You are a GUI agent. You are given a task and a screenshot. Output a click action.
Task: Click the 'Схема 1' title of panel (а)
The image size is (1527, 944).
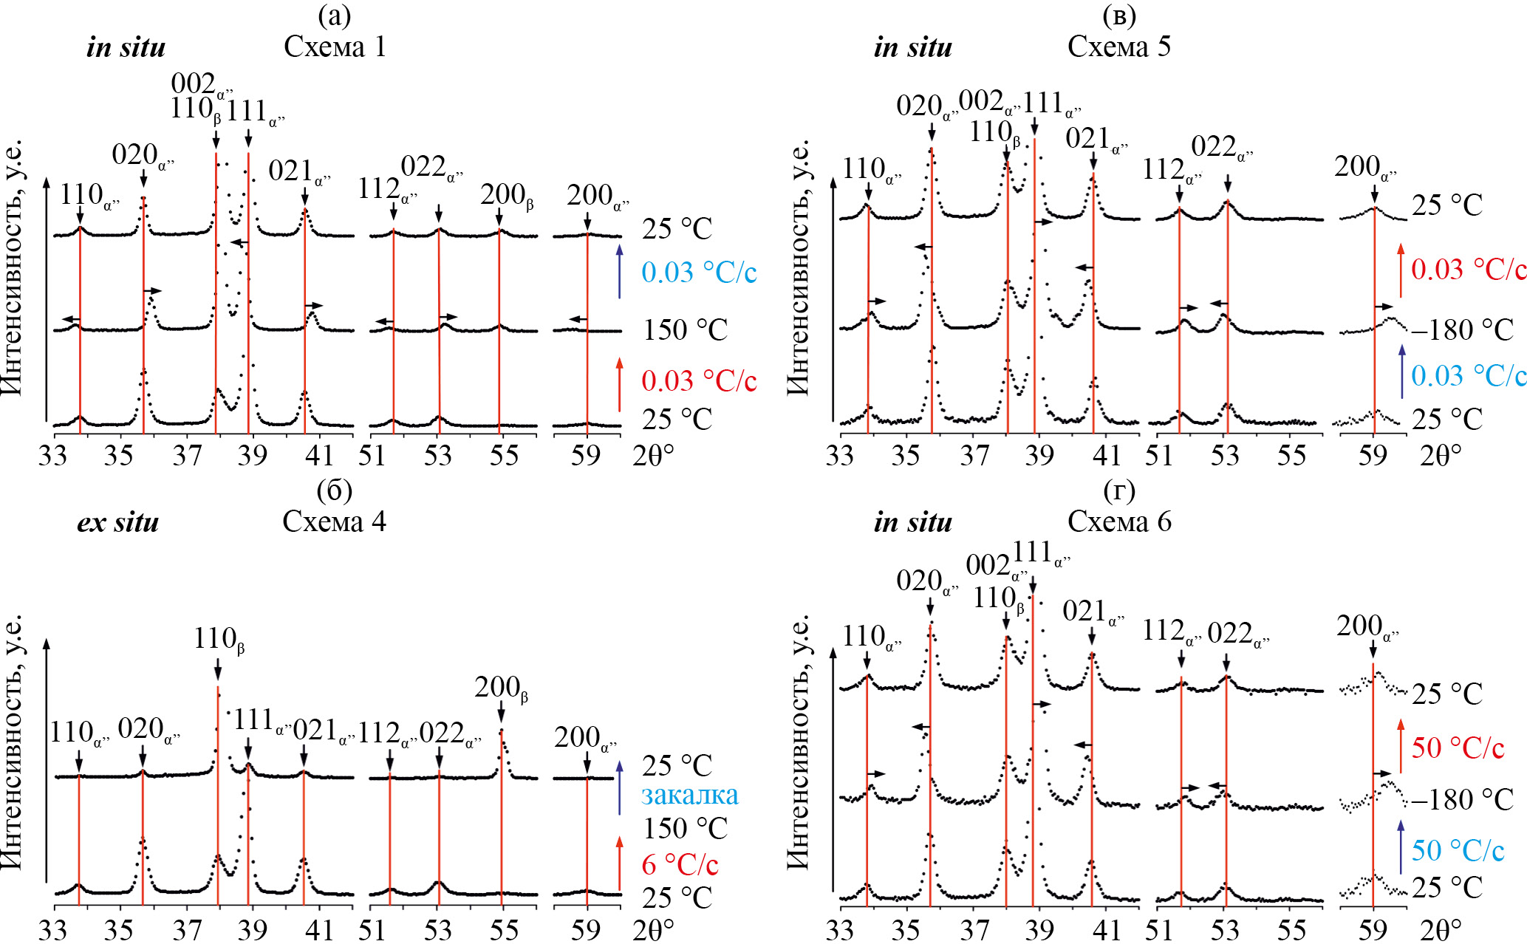tap(335, 47)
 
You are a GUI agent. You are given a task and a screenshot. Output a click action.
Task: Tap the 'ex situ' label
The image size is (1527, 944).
tap(118, 522)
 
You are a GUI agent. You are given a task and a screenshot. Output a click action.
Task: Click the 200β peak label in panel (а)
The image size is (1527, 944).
tap(506, 196)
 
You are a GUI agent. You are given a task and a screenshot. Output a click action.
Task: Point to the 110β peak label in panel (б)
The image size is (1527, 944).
tap(219, 639)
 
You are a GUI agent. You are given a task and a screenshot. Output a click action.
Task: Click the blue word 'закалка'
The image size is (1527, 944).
tap(689, 795)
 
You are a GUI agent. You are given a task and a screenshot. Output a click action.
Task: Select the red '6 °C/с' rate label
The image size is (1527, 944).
tap(680, 863)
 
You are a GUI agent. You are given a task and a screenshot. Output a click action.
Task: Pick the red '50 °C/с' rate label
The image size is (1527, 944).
tap(1458, 748)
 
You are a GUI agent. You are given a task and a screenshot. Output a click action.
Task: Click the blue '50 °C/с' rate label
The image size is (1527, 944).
tap(1458, 850)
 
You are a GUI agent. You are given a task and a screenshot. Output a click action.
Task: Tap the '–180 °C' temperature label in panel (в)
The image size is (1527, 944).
tap(1462, 329)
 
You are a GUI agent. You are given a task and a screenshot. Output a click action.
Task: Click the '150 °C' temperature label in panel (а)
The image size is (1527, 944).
tap(685, 329)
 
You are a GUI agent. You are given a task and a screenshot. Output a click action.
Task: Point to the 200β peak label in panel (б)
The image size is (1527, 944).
tap(501, 688)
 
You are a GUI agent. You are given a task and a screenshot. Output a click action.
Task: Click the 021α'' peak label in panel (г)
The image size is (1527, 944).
tap(1093, 612)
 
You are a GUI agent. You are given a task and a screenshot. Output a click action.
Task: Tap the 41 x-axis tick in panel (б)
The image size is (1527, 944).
tap(319, 929)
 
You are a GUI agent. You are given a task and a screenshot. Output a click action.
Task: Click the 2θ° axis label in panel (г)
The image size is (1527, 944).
tap(1441, 929)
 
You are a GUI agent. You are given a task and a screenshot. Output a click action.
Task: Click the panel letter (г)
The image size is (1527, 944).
tap(1118, 490)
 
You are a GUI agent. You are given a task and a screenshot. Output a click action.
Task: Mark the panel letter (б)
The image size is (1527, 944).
tap(334, 490)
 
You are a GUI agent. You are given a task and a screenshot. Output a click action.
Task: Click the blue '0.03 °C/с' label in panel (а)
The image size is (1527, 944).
tap(699, 273)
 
